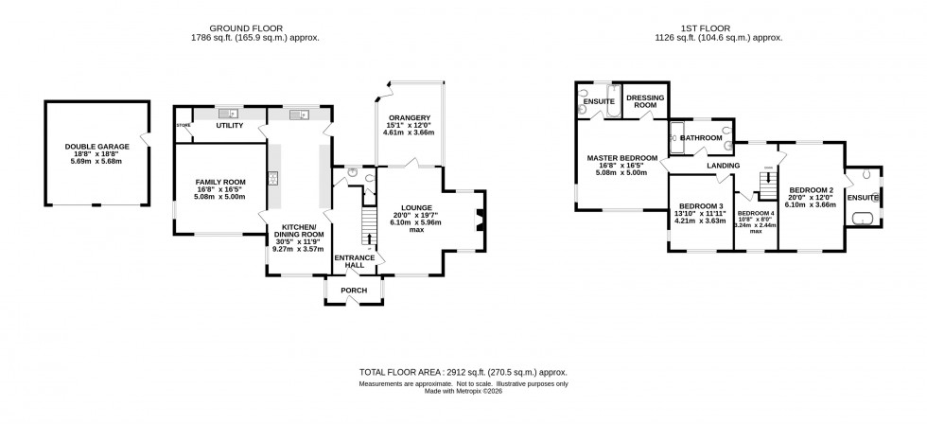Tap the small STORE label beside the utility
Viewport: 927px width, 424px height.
[184, 126]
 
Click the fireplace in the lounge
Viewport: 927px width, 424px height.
[480, 221]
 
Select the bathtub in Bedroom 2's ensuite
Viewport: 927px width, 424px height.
[863, 221]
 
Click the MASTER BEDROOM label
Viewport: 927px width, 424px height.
[621, 157]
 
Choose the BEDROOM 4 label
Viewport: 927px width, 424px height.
[756, 214]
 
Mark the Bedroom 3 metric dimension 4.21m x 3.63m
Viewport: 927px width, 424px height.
[701, 221]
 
